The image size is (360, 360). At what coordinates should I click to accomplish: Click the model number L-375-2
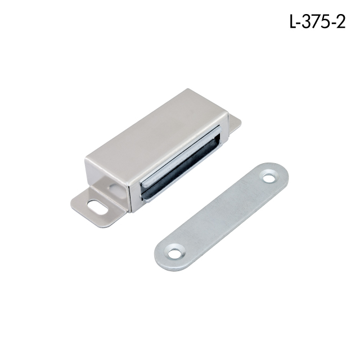(x=317, y=22)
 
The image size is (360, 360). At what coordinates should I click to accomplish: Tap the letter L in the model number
(x=293, y=22)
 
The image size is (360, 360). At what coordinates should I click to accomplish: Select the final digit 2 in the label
(x=341, y=22)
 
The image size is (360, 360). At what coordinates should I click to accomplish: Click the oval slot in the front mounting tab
(x=96, y=207)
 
